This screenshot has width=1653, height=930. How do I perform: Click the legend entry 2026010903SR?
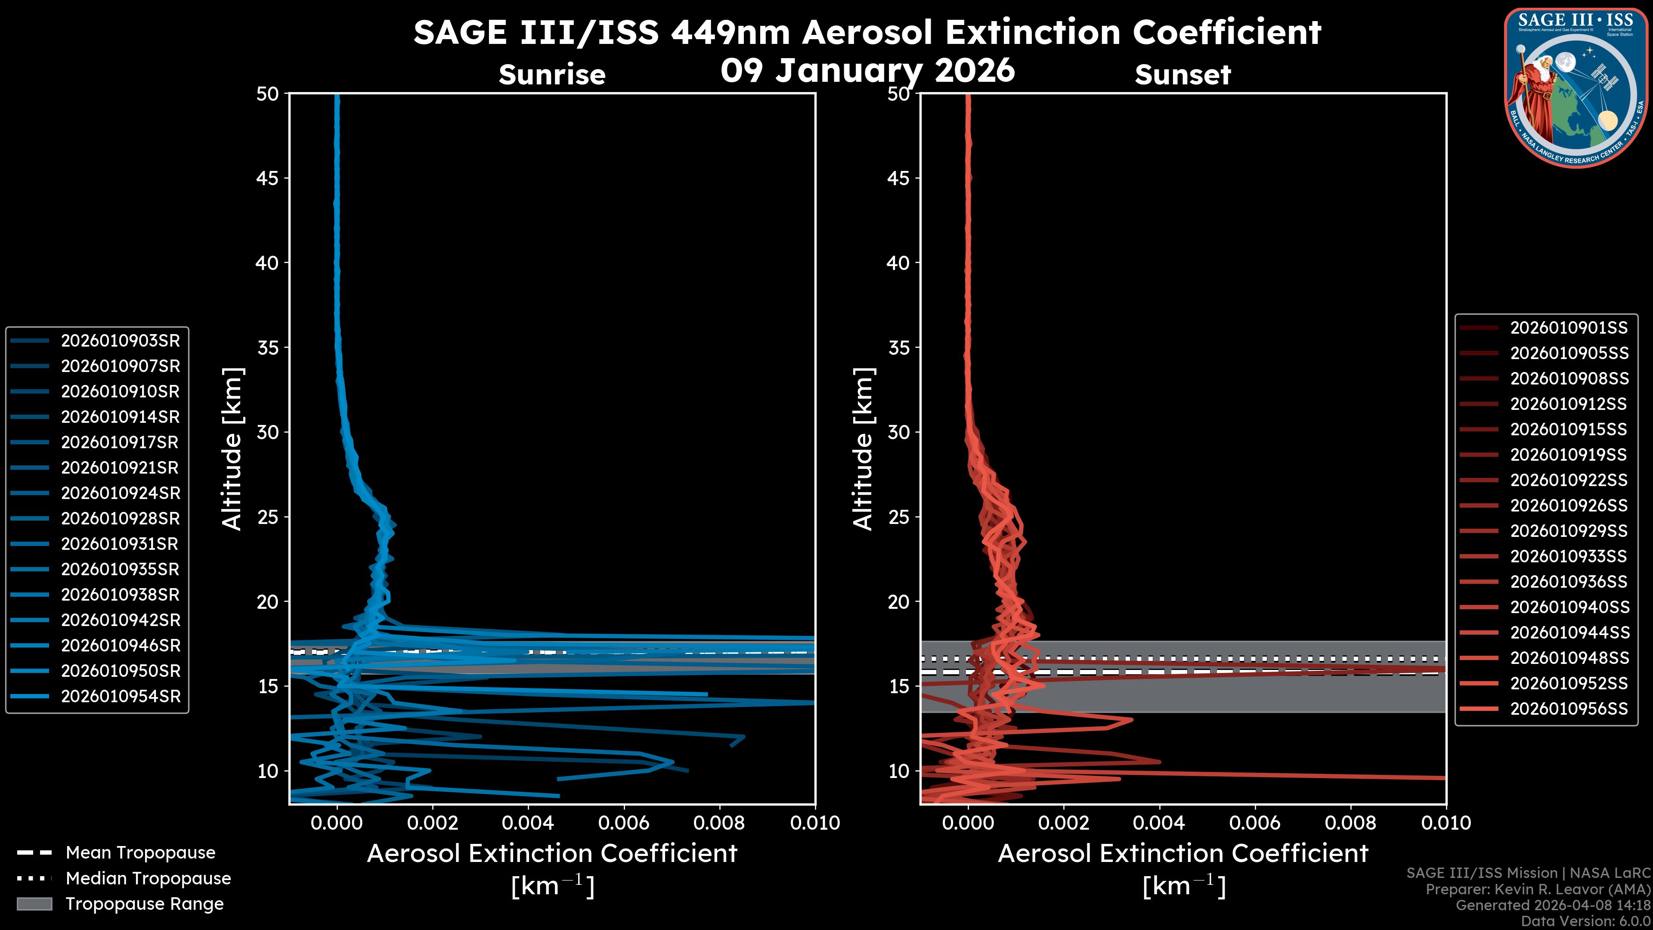point(120,341)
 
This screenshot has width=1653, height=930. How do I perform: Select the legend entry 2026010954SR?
point(120,696)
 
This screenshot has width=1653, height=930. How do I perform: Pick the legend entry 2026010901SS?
point(1568,328)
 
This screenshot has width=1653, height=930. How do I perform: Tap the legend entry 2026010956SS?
point(1568,709)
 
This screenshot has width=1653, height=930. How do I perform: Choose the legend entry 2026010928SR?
point(120,518)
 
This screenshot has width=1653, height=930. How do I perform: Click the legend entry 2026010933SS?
point(1568,556)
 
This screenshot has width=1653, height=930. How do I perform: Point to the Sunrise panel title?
point(552,75)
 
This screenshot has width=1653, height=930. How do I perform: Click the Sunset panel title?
point(1182,75)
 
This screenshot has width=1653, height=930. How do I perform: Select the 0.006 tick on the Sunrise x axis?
point(623,823)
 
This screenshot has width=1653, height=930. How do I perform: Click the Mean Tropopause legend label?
point(140,853)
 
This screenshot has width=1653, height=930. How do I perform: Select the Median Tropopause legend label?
point(148,879)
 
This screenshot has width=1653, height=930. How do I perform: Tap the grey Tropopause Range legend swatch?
point(34,904)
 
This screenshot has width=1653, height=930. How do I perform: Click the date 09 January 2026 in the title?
point(867,71)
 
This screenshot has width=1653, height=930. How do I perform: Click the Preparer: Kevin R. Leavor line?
point(1538,890)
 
